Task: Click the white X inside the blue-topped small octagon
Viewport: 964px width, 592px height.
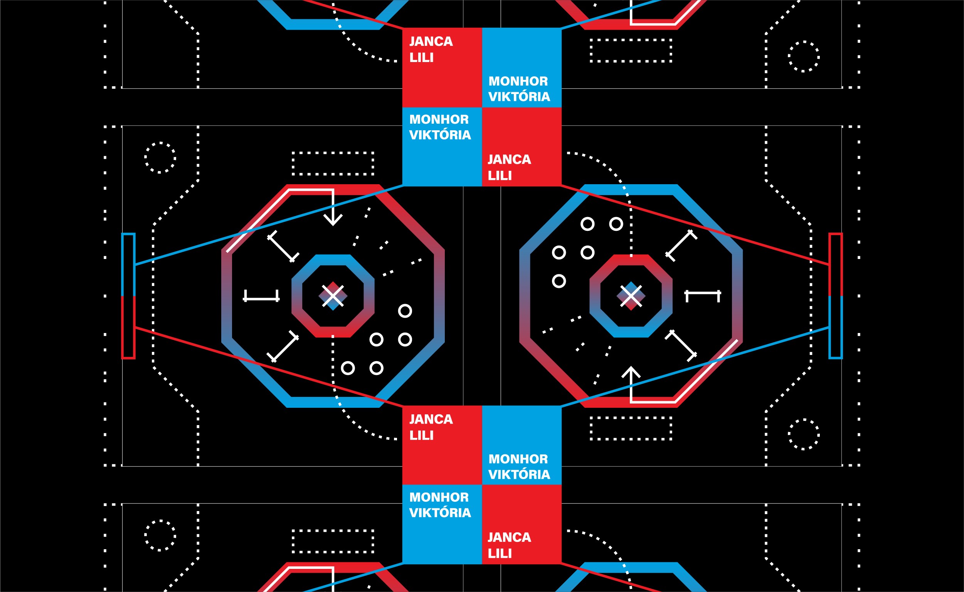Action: pos(333,296)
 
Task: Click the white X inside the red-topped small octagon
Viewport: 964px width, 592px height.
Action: pos(631,296)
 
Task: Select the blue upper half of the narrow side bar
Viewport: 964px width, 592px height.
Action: pos(128,265)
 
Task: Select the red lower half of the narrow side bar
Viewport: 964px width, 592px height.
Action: pos(128,327)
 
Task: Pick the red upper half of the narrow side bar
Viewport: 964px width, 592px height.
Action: pos(836,265)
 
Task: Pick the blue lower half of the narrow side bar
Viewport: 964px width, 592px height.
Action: pos(836,327)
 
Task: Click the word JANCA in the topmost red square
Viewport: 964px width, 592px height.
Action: pos(431,41)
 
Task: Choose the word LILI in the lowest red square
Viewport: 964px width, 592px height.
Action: pos(500,553)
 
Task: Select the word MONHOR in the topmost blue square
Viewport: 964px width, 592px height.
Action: pos(518,81)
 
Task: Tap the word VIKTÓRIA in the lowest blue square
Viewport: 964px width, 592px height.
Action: pos(440,513)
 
